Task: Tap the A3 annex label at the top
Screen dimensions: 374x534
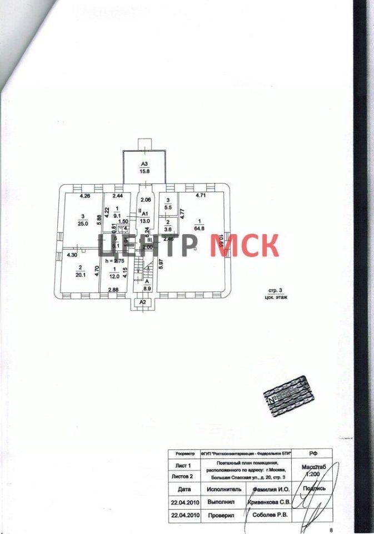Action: point(144,164)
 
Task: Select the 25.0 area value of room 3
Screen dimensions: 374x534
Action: point(83,224)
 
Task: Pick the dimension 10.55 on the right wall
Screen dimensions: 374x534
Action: point(221,242)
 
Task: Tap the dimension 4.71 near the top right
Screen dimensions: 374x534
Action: point(200,196)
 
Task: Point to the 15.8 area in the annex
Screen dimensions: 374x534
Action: point(144,171)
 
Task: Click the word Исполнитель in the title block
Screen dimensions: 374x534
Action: point(224,489)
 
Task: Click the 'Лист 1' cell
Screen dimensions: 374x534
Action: point(183,465)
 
